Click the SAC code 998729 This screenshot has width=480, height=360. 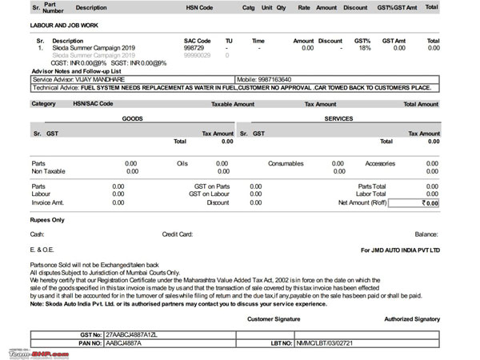[194, 48]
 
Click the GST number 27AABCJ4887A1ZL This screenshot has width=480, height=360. [133, 335]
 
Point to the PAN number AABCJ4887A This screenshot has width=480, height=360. [122, 343]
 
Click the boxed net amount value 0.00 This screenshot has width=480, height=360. [430, 203]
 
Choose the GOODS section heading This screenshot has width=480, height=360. [132, 118]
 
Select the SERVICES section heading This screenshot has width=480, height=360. [339, 118]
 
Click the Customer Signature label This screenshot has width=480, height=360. [274, 319]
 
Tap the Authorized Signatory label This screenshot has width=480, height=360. [412, 319]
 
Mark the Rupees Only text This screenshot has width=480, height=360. [47, 219]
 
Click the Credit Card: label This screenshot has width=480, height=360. [178, 234]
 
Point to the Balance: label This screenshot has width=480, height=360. [426, 234]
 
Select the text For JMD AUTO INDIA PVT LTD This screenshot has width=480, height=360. [400, 250]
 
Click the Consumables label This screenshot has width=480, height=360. [286, 163]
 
